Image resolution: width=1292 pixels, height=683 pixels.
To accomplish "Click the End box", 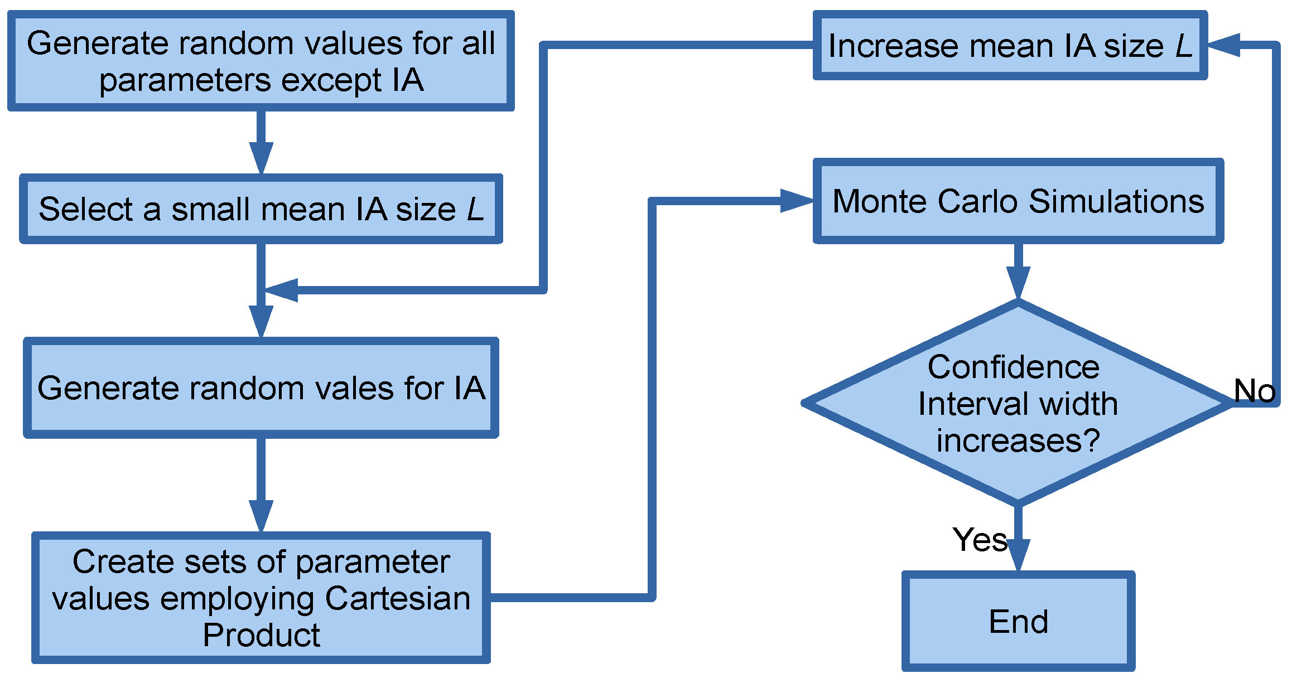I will (x=1018, y=621).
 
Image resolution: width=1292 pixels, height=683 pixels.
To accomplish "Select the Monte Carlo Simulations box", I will (x=1018, y=201).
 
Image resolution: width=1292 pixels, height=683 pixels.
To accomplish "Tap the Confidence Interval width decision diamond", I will (x=1018, y=403).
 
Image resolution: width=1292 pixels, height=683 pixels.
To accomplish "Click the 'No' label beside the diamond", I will (x=1254, y=390).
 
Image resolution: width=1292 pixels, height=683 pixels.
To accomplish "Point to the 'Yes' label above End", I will (x=980, y=539).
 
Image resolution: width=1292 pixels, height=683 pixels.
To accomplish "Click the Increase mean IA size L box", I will (x=1010, y=45).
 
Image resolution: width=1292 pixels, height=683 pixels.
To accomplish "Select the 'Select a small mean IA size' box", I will (x=261, y=209).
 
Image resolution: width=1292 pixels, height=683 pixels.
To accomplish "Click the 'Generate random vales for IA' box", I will (x=261, y=387).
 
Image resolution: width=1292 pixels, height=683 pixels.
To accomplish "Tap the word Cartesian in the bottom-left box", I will (x=398, y=598).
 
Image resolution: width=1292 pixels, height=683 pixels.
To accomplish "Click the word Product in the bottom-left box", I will (x=261, y=634).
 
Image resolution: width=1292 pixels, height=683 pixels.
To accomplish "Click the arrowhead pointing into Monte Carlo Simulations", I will (x=797, y=201).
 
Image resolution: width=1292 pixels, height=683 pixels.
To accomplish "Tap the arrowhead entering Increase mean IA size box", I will (x=1224, y=45).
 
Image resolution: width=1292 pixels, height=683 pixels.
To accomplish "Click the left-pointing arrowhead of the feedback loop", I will (x=282, y=290).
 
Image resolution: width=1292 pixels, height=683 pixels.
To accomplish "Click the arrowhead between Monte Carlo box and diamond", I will (x=1018, y=282).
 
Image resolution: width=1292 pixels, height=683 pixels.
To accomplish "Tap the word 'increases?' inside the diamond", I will (x=1018, y=440).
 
